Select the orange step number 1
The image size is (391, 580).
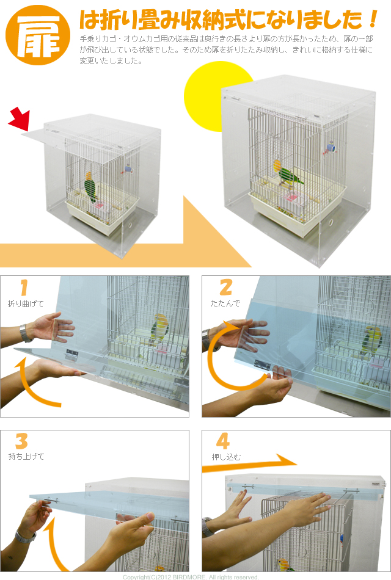[24, 288]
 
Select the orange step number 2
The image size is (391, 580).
[225, 288]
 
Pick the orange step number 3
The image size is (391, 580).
[21, 441]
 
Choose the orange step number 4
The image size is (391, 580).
[222, 441]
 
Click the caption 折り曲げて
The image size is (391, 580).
[26, 303]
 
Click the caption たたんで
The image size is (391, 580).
[225, 303]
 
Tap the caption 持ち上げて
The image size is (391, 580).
[26, 457]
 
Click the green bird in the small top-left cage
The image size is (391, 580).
[91, 186]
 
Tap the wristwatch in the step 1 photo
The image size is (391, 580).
[25, 333]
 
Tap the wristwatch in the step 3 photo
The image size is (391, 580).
[24, 537]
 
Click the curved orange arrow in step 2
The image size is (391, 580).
[223, 372]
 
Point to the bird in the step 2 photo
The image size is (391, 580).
[370, 341]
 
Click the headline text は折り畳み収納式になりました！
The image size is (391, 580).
[229, 21]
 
